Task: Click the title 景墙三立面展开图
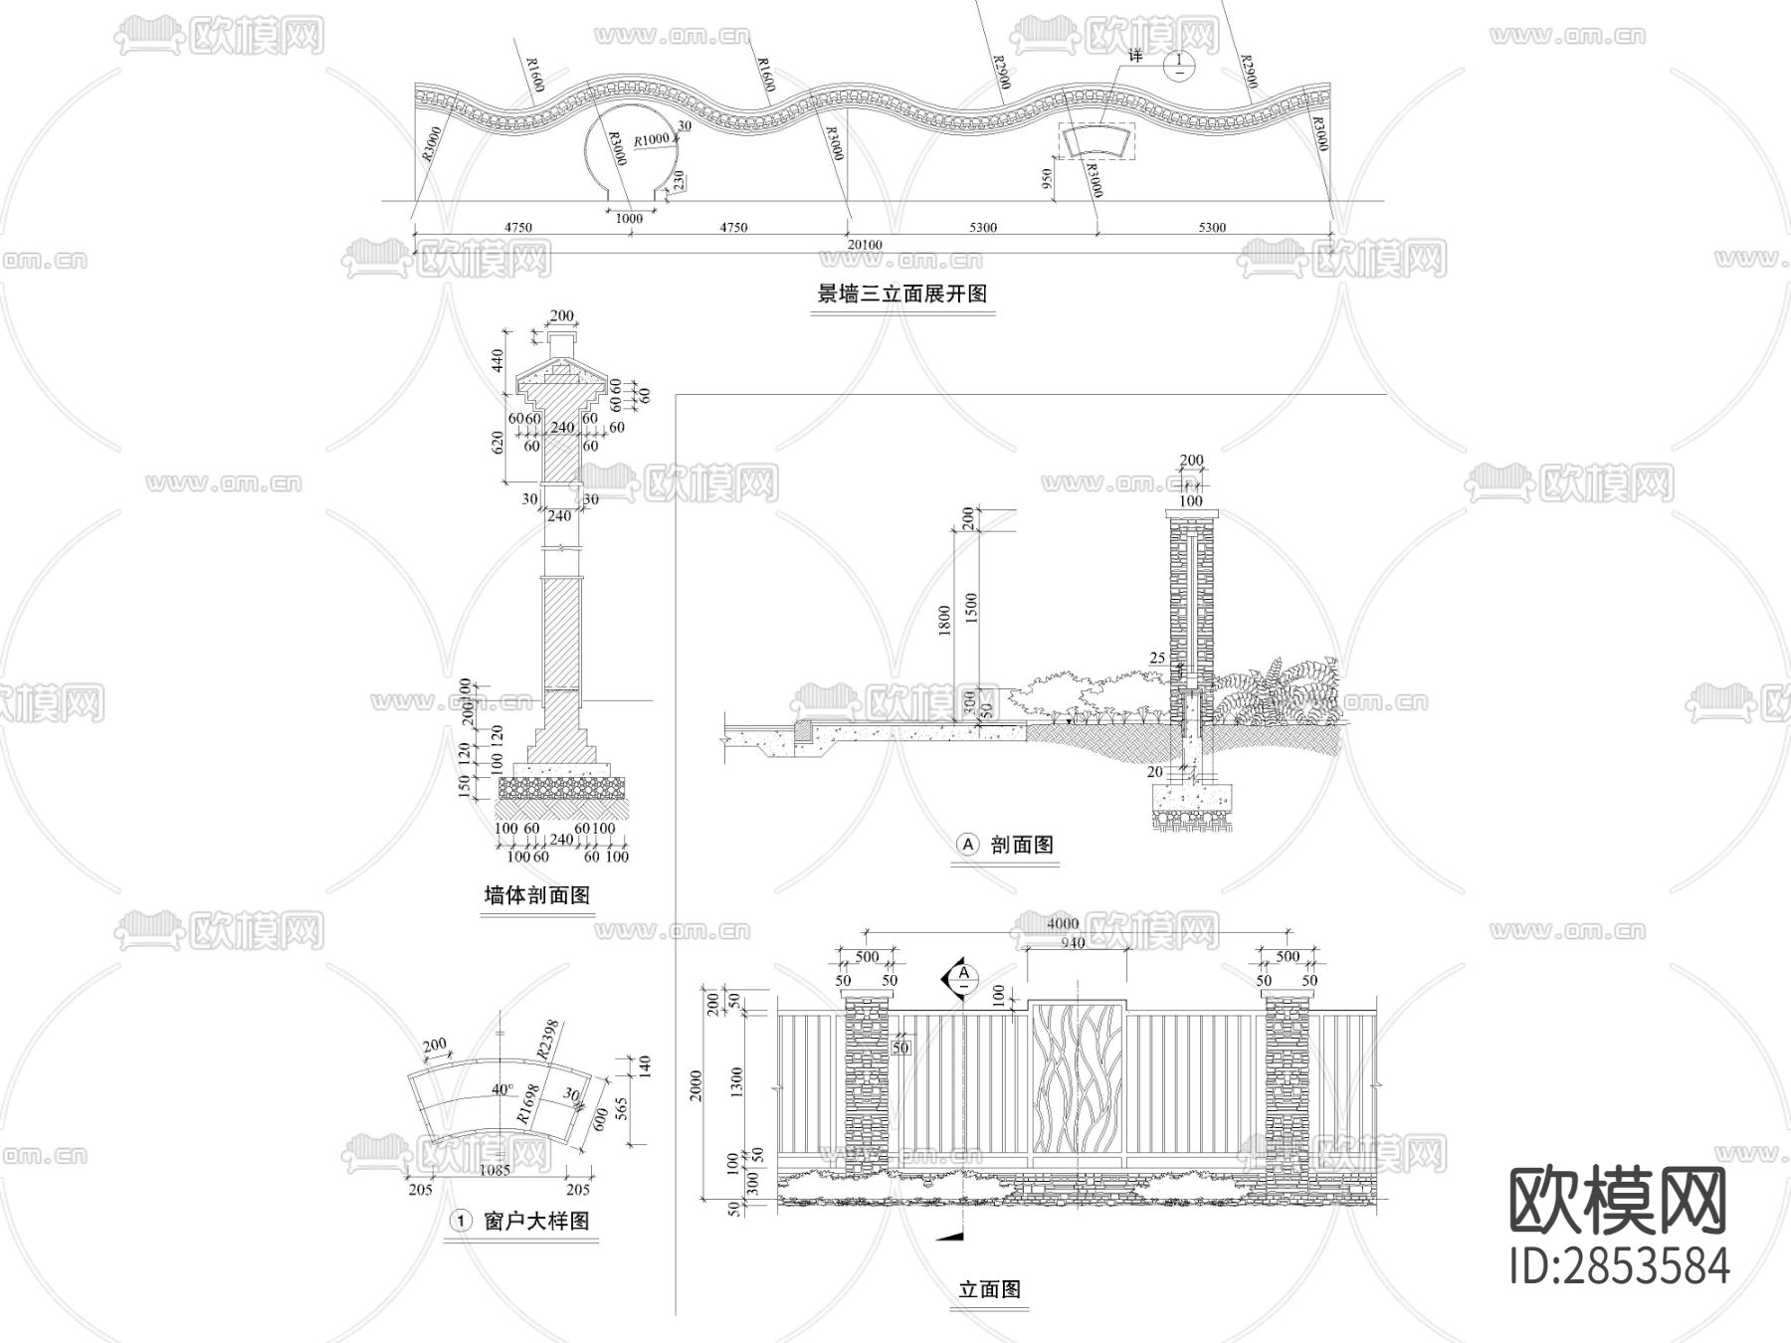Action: coord(901,294)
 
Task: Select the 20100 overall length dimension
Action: coord(864,245)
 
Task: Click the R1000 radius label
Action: coord(652,139)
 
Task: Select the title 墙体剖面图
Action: coord(537,895)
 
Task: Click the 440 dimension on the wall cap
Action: coord(498,358)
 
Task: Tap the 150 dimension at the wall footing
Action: coord(463,786)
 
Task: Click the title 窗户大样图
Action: coord(536,1221)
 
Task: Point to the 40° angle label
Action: coord(501,1089)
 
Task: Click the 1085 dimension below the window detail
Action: coord(495,1170)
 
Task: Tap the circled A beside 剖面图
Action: coord(968,845)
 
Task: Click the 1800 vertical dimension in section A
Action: coord(945,620)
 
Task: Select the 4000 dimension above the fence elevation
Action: coord(1063,924)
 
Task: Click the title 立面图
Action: coord(990,1289)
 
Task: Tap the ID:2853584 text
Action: coord(1619,1266)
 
